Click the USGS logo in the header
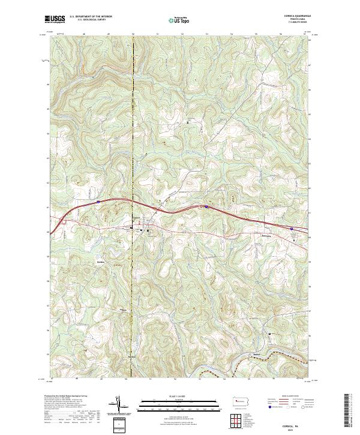55,20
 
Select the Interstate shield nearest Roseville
291,228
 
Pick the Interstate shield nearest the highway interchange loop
97,202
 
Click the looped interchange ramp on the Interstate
64,223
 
